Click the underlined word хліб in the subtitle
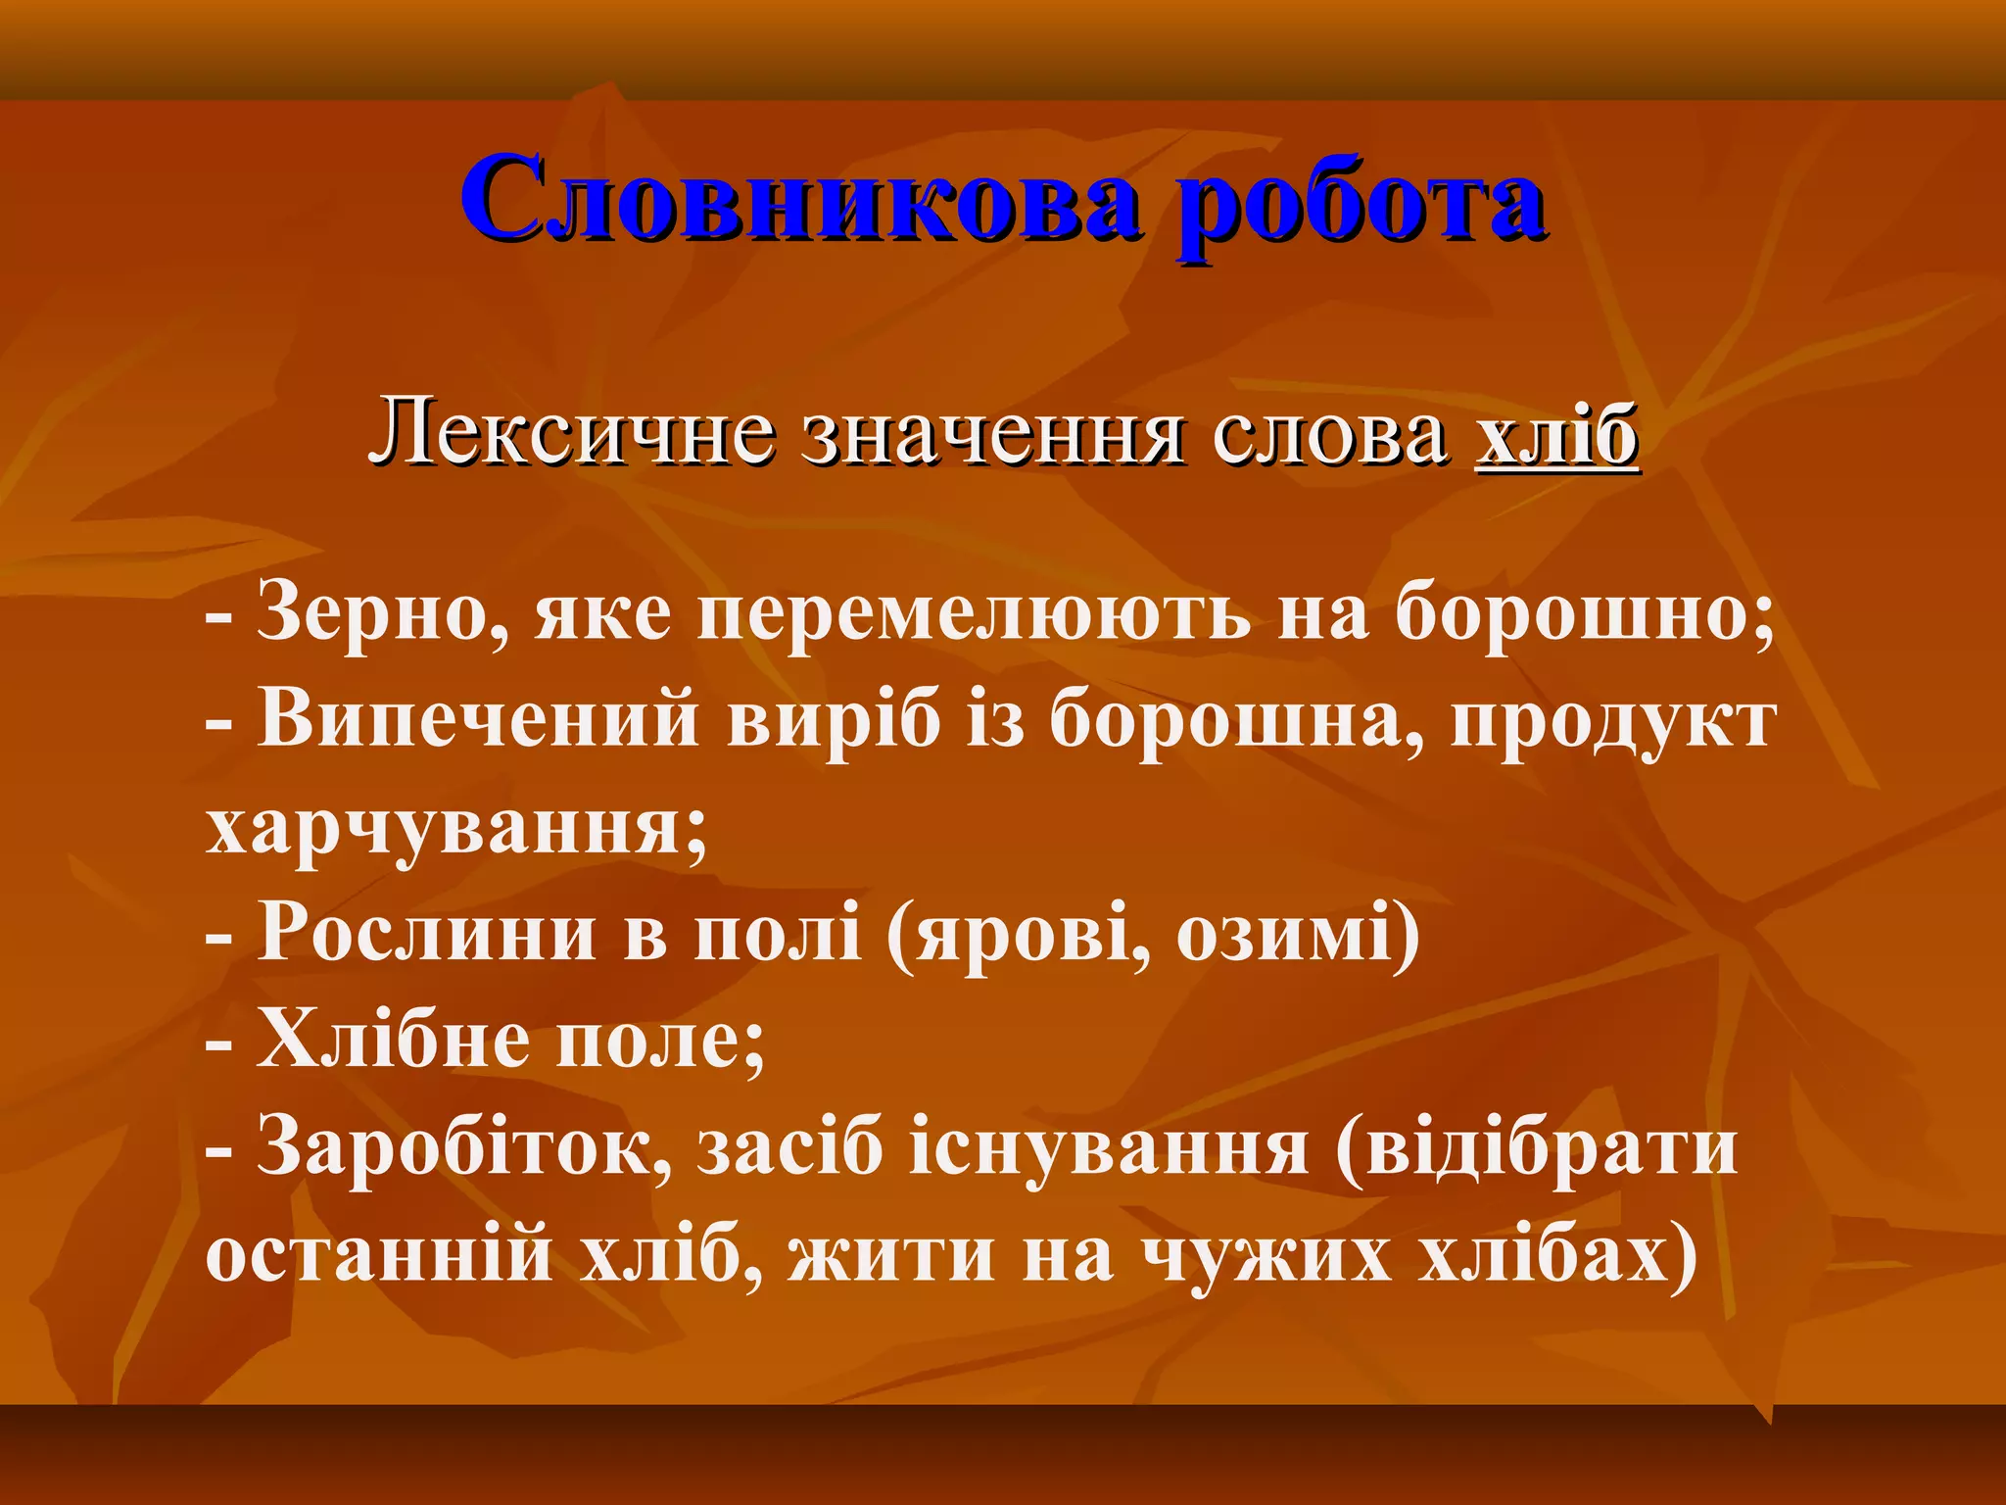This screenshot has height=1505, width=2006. point(1557,434)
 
